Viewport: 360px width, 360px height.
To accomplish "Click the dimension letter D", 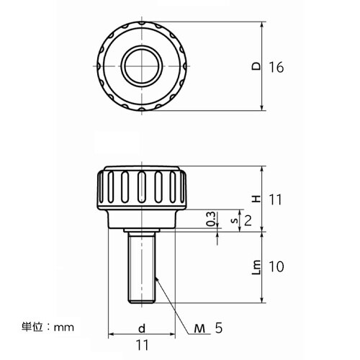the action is coord(256,66).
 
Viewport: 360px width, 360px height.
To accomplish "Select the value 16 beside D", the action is coord(276,67).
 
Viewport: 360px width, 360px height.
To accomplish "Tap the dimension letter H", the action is coord(257,199).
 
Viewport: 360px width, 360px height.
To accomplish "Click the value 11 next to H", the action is coord(275,199).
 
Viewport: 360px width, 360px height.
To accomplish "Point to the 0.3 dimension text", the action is coord(211,219).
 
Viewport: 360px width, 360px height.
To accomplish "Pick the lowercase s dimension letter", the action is coord(235,220).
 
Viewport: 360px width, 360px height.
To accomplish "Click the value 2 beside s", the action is coord(248,221).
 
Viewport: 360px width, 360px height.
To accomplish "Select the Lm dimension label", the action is coord(256,267).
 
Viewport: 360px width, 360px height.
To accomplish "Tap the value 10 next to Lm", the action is coord(276,266).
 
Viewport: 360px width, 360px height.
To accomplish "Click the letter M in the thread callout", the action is coord(199,328).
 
